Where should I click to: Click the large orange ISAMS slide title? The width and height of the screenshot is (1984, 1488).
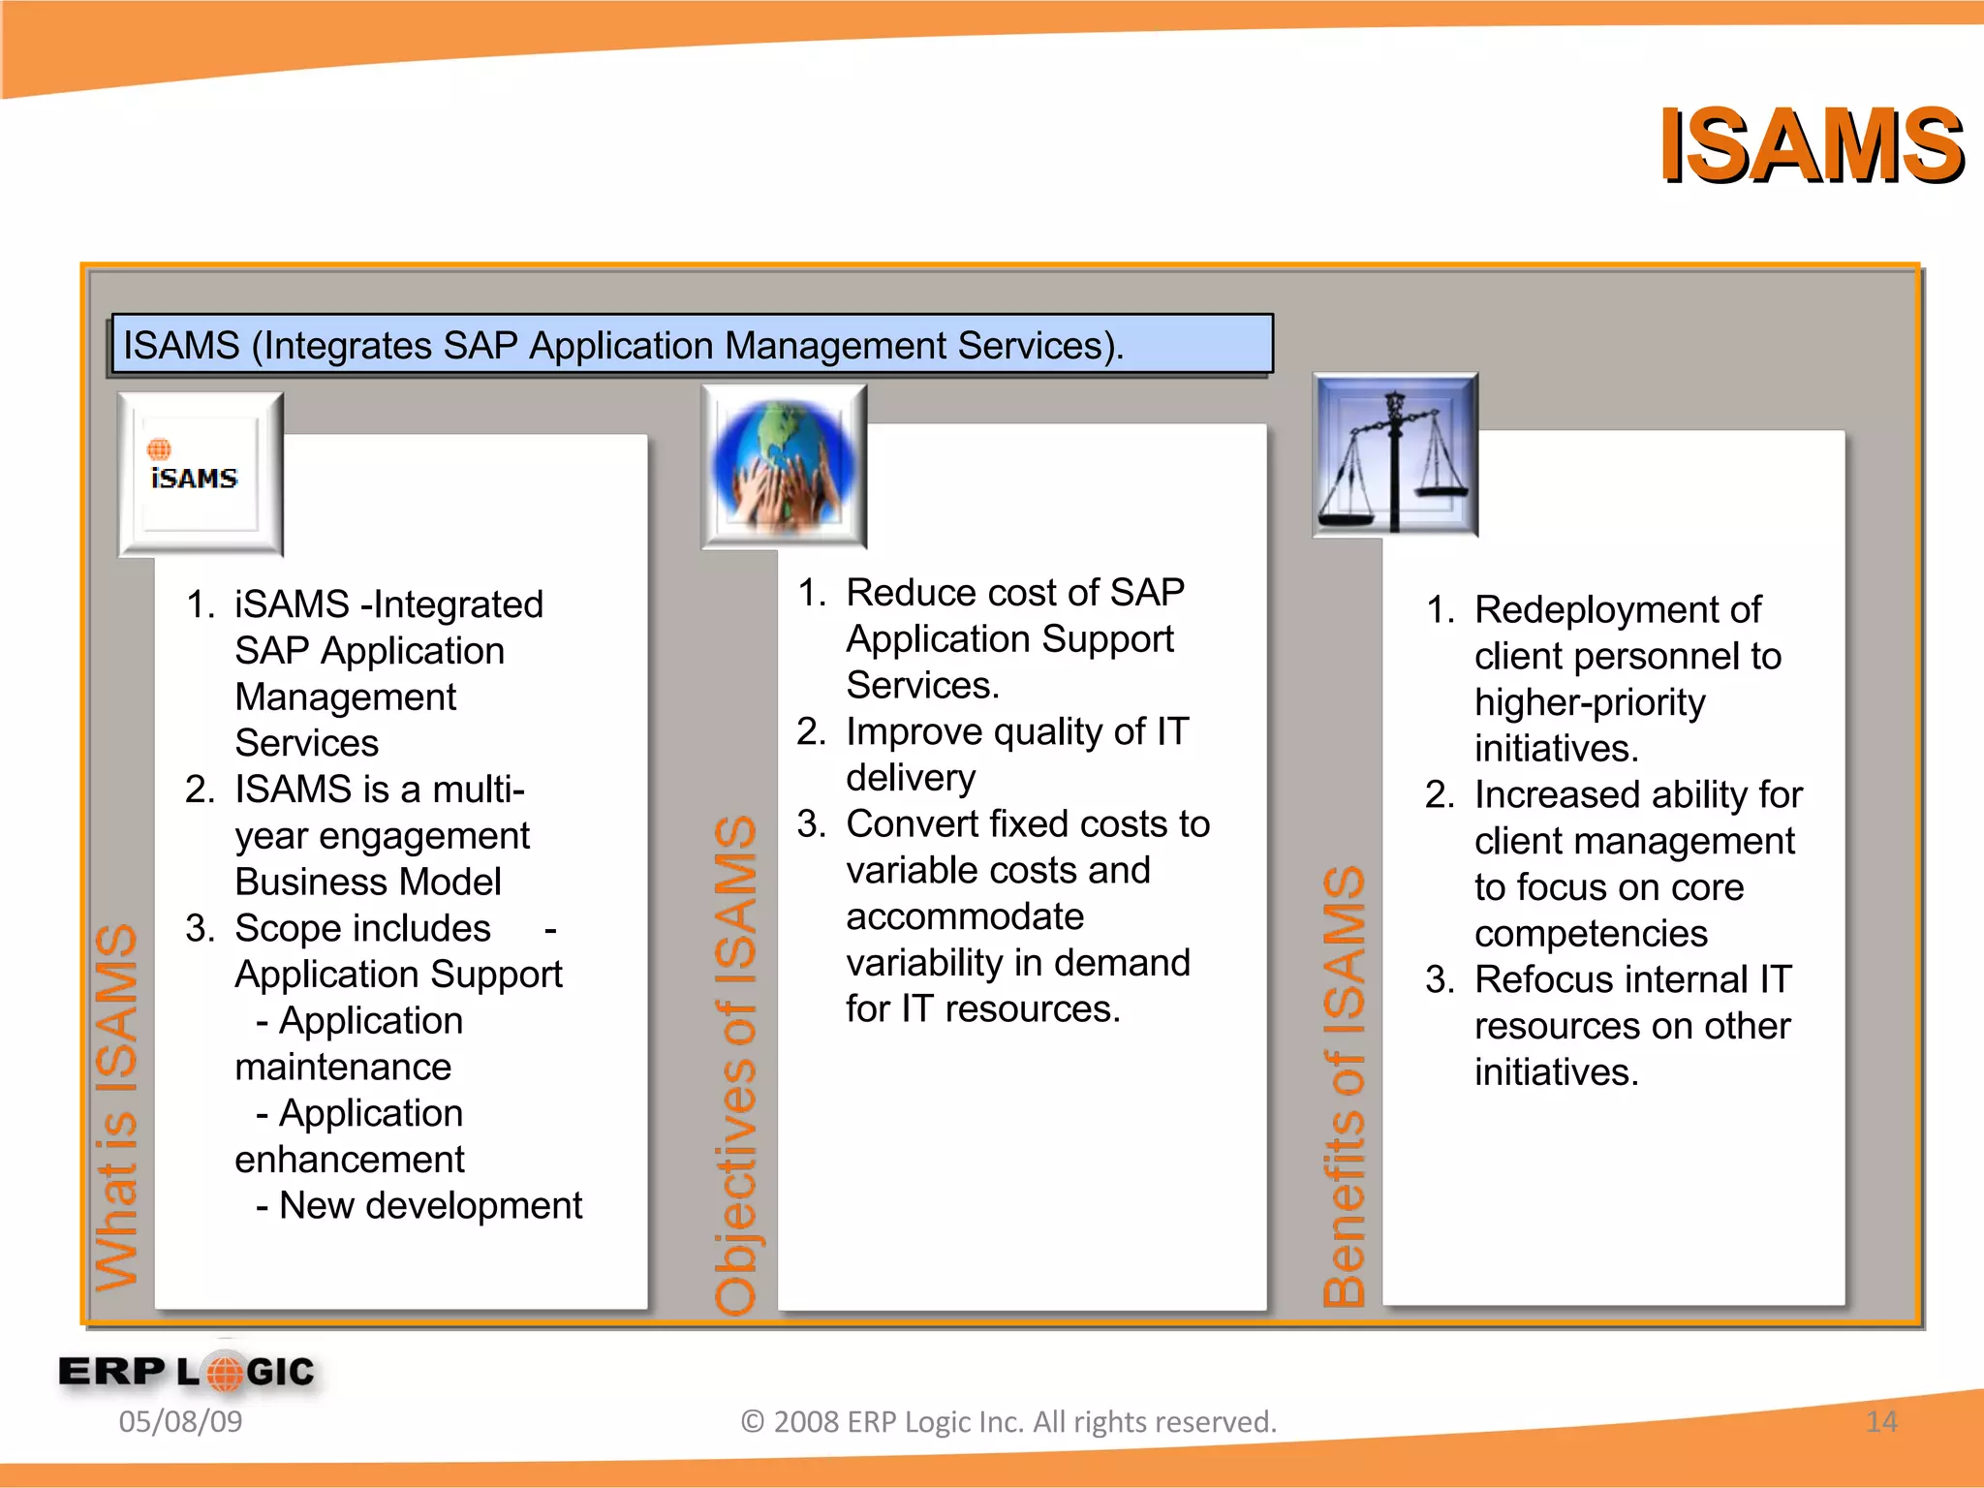(1810, 146)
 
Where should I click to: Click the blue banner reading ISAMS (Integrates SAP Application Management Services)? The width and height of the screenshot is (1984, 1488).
(692, 345)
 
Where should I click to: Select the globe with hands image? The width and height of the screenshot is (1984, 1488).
(784, 466)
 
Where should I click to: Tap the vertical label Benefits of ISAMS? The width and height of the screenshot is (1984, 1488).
(1345, 1085)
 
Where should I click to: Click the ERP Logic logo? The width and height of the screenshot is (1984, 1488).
(187, 1372)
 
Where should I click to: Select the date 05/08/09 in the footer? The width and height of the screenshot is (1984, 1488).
(180, 1421)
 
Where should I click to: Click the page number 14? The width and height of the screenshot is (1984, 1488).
(1880, 1421)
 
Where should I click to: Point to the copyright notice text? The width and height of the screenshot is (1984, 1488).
(1008, 1421)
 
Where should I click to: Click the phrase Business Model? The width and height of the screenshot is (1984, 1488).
(367, 882)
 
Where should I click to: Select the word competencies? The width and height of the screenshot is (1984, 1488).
(1591, 933)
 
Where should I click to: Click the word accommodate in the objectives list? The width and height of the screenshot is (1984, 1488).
(965, 916)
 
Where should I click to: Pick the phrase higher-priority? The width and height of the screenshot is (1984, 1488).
(1590, 702)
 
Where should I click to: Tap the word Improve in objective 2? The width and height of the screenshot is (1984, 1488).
(914, 731)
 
